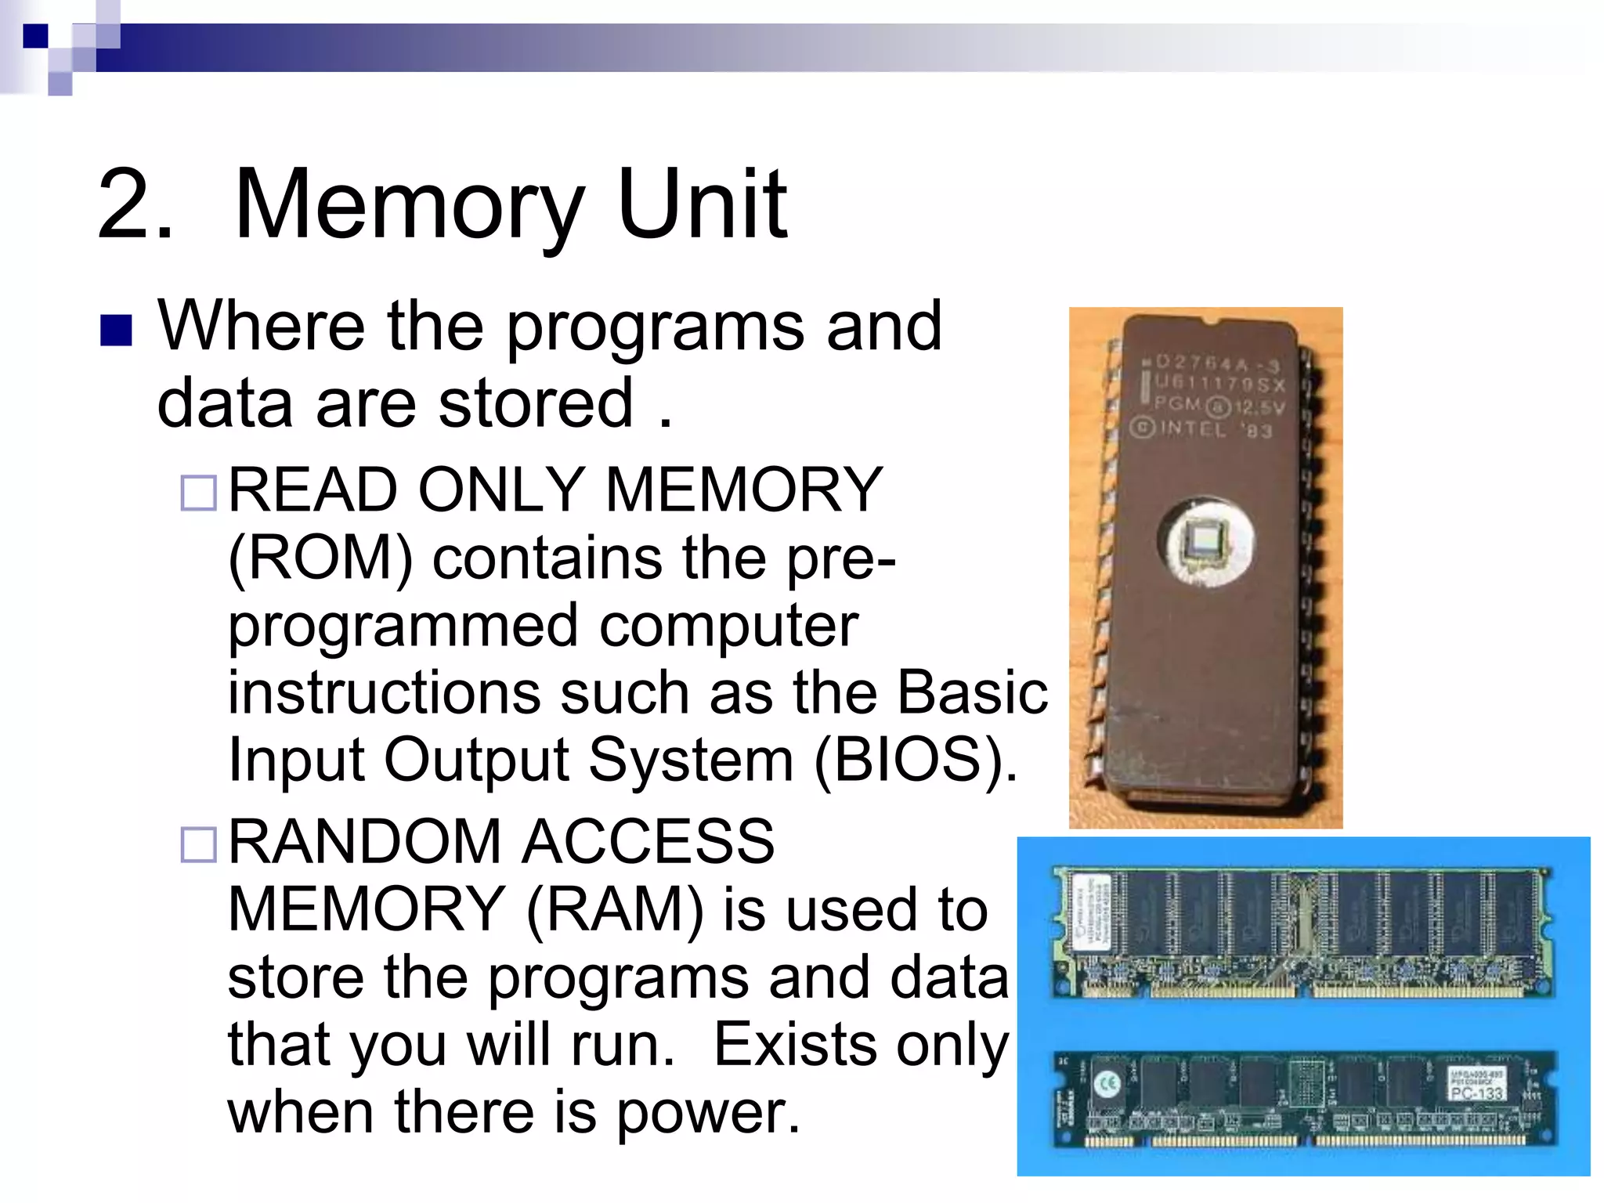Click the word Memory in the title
(409, 205)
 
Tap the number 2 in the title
(125, 205)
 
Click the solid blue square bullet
(116, 331)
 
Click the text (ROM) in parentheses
(320, 559)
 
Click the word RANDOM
(364, 842)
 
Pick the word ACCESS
(648, 842)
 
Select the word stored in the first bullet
(536, 403)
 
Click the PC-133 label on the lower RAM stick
(1476, 1092)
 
